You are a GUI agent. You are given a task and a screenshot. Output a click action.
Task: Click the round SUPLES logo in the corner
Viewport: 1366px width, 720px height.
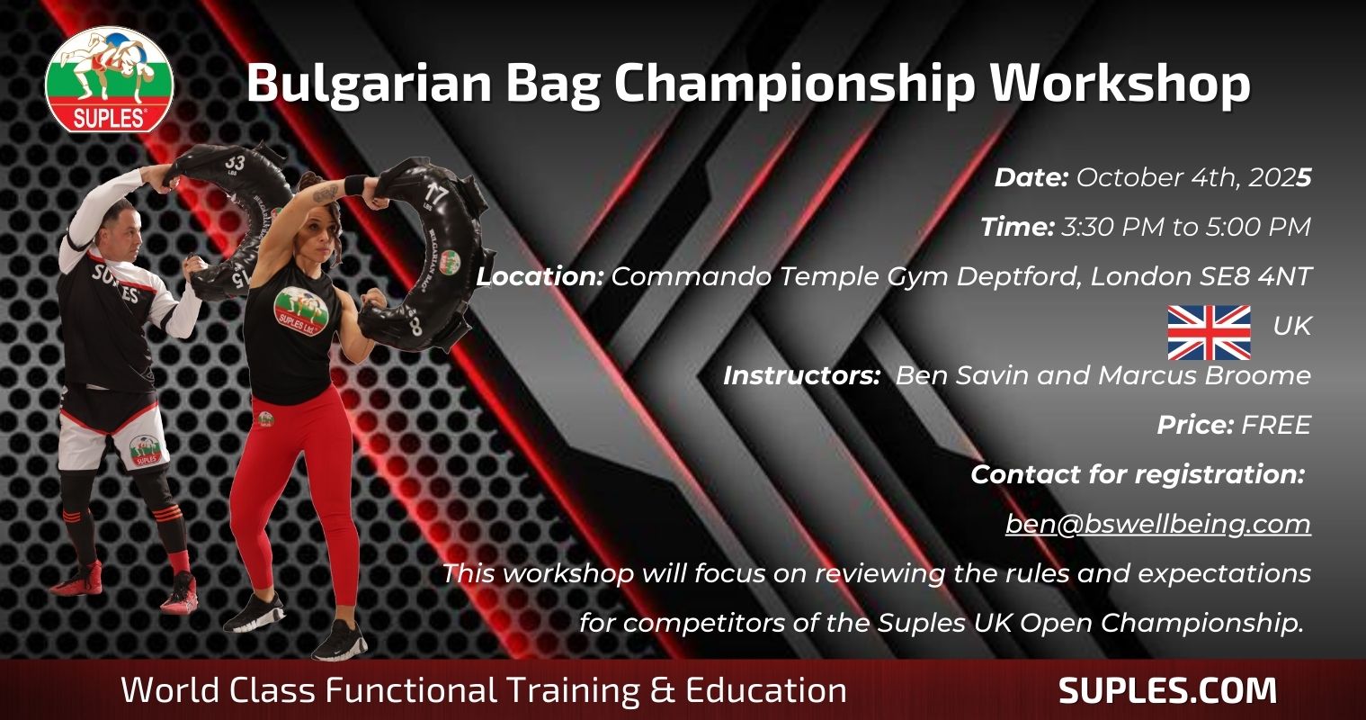click(109, 79)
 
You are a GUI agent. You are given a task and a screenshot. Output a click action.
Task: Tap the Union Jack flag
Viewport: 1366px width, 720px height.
click(1209, 332)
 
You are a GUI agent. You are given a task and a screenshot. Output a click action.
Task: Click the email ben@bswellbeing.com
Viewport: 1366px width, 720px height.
click(1158, 524)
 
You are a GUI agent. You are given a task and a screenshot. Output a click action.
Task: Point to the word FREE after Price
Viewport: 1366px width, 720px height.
click(1276, 426)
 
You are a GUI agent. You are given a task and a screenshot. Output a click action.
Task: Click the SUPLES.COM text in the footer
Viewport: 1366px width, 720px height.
click(1167, 690)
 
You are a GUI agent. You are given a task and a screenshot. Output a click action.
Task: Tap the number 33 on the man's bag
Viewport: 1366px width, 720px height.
click(235, 164)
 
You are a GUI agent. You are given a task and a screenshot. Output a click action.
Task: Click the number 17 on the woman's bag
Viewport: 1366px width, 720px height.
click(436, 196)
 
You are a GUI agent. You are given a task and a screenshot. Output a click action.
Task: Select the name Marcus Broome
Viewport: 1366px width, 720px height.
click(1204, 375)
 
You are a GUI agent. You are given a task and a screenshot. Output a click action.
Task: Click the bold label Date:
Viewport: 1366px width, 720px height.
click(1031, 177)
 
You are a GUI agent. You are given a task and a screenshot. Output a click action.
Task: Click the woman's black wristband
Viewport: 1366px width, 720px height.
click(354, 184)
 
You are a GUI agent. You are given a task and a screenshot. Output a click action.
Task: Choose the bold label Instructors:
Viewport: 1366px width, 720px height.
click(801, 375)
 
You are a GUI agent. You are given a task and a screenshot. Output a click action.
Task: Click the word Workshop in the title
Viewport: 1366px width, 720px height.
click(1120, 84)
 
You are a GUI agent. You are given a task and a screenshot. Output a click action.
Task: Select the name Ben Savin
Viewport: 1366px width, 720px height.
click(962, 375)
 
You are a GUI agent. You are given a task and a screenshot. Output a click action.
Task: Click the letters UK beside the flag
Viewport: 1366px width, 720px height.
click(1291, 326)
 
